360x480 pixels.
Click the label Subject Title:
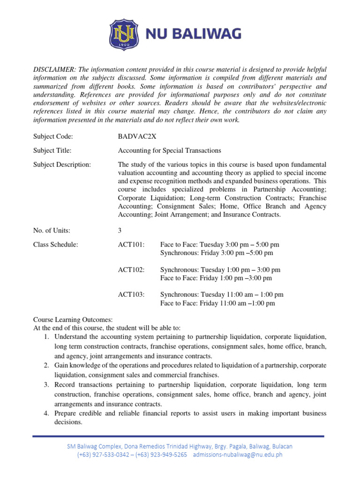(x=52, y=150)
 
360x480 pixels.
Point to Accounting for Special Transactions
(x=169, y=150)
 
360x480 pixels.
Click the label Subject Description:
(x=62, y=165)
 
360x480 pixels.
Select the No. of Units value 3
(x=120, y=230)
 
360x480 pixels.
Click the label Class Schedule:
(x=55, y=245)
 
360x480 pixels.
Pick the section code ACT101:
(x=131, y=245)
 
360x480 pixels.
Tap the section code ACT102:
(x=131, y=270)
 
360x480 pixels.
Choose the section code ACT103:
(x=131, y=295)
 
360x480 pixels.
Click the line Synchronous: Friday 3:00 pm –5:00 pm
(x=216, y=253)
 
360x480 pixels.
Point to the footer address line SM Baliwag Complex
(x=180, y=446)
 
